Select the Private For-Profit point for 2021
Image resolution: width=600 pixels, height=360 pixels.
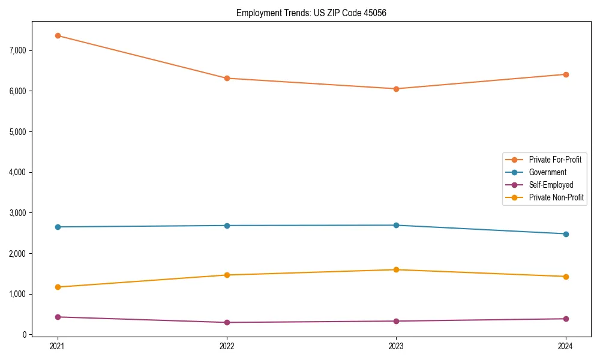[x=58, y=35]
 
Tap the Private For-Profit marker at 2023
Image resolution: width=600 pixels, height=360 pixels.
[x=396, y=89]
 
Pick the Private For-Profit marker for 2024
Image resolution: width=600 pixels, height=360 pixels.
[x=565, y=74]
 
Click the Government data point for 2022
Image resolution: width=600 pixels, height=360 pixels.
[x=227, y=226]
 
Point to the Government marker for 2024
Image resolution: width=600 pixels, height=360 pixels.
[x=565, y=234]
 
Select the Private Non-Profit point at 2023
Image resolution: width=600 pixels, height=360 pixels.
[x=396, y=269]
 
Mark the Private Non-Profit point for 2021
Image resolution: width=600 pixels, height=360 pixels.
[x=58, y=287]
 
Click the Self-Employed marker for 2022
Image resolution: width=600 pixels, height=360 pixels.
[x=227, y=322]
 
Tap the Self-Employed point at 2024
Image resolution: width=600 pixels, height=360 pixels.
[x=565, y=319]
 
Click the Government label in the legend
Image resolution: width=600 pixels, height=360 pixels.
[x=547, y=172]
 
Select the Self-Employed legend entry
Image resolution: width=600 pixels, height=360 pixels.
[x=551, y=185]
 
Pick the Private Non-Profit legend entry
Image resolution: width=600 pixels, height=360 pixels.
[x=556, y=197]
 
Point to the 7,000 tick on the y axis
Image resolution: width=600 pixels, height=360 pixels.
[x=17, y=50]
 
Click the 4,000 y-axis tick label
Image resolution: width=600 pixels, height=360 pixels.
[x=17, y=172]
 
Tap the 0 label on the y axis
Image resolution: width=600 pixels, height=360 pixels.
[x=24, y=335]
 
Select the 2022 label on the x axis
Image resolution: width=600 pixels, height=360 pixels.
[x=227, y=346]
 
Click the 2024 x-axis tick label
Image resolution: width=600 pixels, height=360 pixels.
[x=565, y=346]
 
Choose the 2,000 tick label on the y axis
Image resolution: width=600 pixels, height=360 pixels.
[x=17, y=254]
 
